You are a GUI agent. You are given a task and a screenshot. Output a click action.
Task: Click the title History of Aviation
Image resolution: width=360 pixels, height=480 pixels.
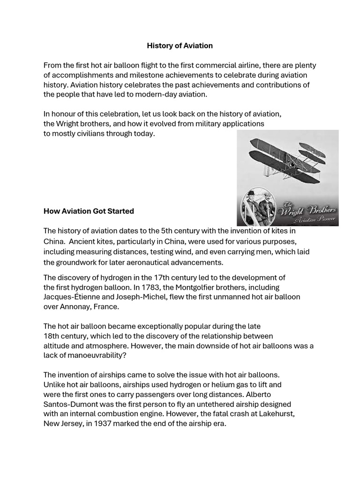tap(180, 45)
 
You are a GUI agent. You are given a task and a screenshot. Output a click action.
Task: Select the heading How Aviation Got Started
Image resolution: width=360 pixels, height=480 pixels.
tap(89, 211)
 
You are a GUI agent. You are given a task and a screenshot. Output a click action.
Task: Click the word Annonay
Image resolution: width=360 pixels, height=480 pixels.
tap(76, 307)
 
